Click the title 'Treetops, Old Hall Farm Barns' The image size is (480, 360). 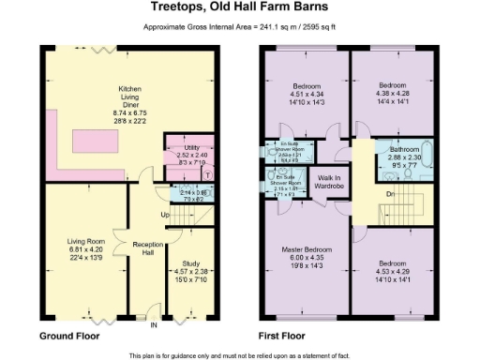[x=240, y=9]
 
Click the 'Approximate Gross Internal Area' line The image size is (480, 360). [x=240, y=28]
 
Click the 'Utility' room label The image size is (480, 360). [x=187, y=148]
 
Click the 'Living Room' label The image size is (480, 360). [x=82, y=242]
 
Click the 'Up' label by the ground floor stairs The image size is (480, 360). [x=166, y=215]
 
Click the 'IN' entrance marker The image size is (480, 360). [x=154, y=325]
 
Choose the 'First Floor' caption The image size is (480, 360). [x=284, y=335]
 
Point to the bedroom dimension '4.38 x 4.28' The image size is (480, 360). [x=392, y=94]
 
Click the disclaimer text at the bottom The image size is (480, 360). [x=240, y=354]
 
